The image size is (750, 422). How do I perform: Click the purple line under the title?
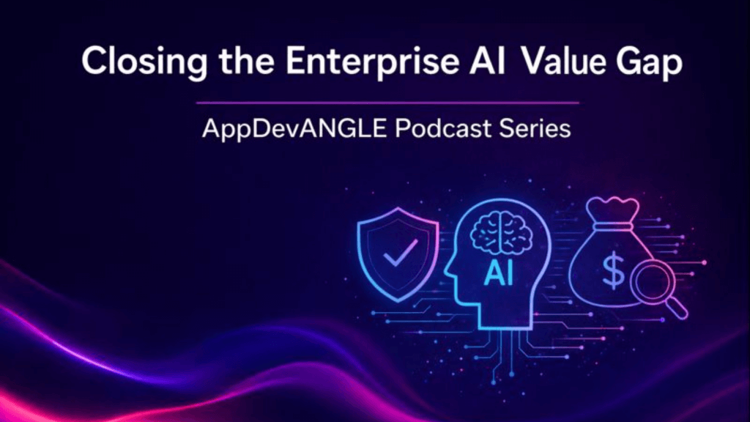(388, 103)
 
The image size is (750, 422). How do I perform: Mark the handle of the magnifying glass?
(677, 310)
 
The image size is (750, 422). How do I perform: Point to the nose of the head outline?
(449, 275)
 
